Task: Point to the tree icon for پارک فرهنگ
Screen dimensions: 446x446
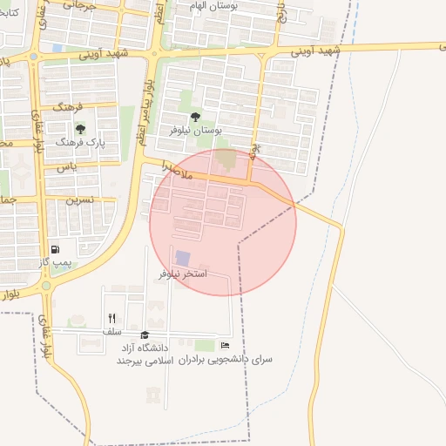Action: click(x=80, y=130)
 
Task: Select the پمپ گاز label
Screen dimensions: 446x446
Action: click(x=56, y=263)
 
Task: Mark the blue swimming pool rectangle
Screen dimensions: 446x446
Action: click(x=183, y=258)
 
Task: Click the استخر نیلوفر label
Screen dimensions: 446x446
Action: click(x=183, y=274)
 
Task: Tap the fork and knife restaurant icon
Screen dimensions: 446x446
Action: click(x=111, y=319)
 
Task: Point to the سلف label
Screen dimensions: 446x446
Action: click(x=111, y=332)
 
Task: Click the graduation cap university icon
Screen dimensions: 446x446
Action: click(x=145, y=334)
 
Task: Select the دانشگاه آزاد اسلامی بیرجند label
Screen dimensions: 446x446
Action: click(x=145, y=354)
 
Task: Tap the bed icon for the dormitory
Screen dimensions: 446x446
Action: click(x=225, y=346)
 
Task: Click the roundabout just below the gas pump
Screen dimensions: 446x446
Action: click(x=45, y=285)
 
